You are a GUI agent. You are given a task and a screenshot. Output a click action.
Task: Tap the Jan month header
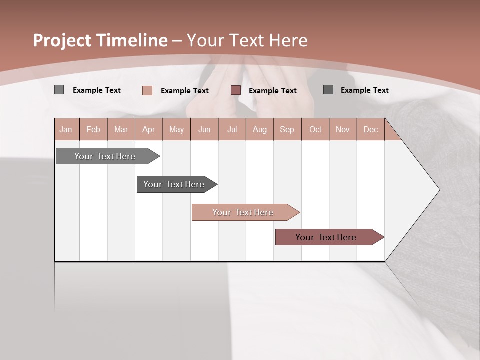[x=66, y=129]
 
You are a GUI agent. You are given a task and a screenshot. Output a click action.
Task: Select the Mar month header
[x=121, y=129]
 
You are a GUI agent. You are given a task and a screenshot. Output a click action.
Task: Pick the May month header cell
[x=176, y=129]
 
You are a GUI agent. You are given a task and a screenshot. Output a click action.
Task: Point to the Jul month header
[x=232, y=129]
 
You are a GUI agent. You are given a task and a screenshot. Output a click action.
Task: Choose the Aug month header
[x=259, y=129]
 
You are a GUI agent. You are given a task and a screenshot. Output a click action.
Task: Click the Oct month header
[x=315, y=129]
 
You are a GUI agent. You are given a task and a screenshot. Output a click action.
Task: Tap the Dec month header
[x=370, y=129]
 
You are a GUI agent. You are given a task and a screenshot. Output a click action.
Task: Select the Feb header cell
[x=93, y=129]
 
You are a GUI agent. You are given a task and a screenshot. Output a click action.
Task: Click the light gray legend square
[x=59, y=90]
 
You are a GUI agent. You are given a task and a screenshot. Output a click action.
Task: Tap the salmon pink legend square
[x=147, y=90]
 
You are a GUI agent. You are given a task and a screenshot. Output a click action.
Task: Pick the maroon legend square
[x=236, y=90]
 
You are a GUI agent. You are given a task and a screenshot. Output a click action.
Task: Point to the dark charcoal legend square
[x=328, y=90]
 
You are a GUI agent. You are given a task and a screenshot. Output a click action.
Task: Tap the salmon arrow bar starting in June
[x=243, y=212]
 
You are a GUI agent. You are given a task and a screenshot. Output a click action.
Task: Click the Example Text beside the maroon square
[x=272, y=91]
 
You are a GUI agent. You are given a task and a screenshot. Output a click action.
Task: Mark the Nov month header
[x=343, y=129]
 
